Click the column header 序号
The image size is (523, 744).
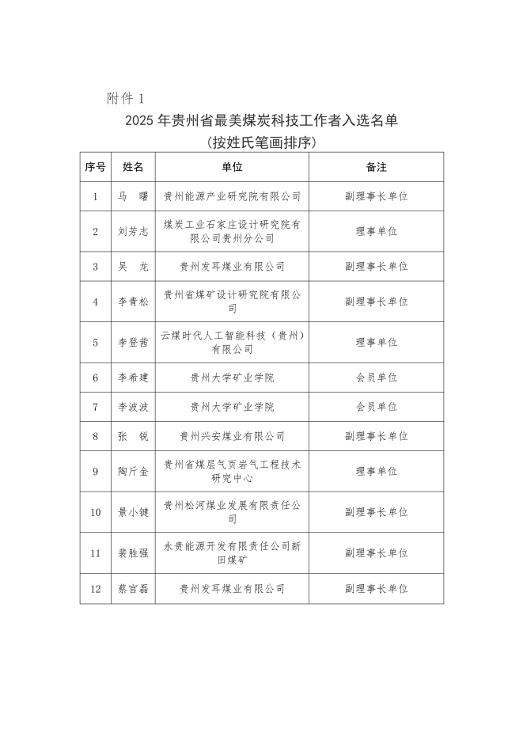point(95,167)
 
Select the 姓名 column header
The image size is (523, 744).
point(133,167)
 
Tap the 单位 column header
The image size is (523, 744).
point(232,167)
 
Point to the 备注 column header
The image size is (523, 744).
point(376,167)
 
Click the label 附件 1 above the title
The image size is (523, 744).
point(126,98)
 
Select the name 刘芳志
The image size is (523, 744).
point(133,231)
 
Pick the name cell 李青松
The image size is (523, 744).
point(133,302)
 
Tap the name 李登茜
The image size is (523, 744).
point(133,342)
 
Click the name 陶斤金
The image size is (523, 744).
point(133,471)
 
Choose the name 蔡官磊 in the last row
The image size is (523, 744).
point(133,589)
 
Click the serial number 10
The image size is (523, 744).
point(95,512)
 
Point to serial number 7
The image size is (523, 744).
point(95,407)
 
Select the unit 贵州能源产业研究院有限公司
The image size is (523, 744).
point(232,196)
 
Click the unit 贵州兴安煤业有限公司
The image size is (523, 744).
point(232,436)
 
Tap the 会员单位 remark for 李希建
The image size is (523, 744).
point(376,378)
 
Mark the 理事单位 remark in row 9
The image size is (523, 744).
point(376,471)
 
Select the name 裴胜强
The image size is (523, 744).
point(133,553)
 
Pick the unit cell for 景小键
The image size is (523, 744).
point(232,512)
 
